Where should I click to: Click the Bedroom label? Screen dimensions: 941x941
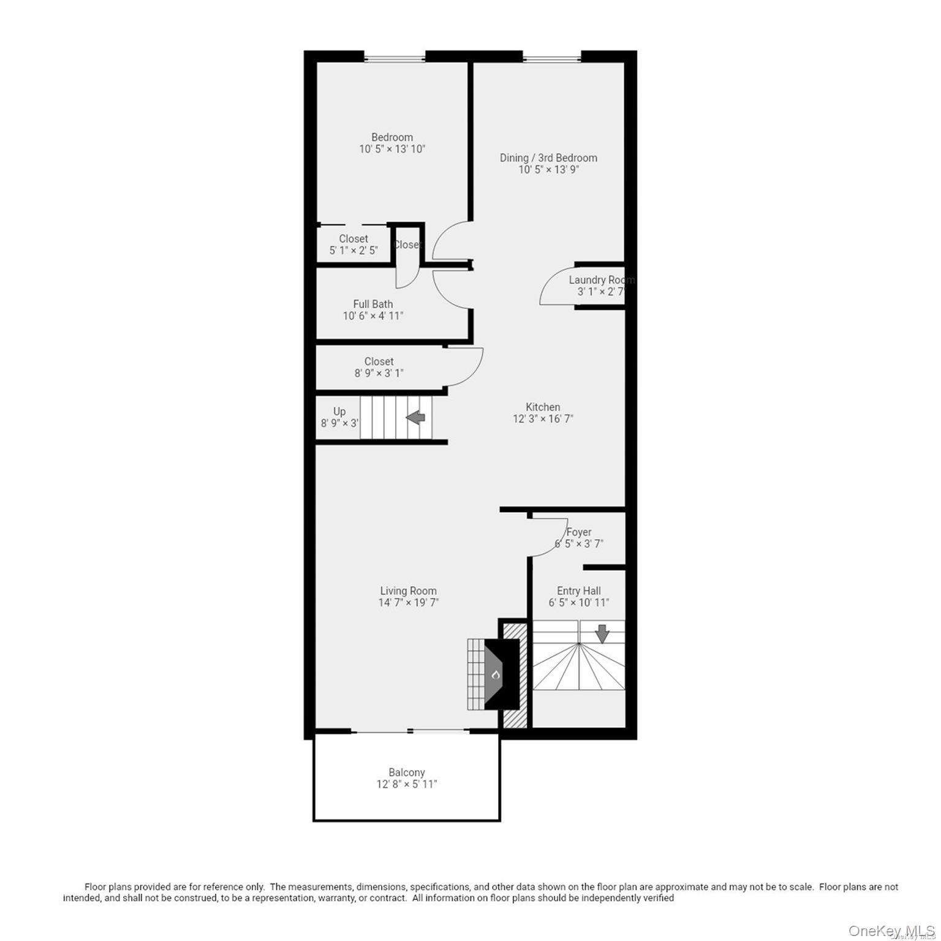click(x=391, y=137)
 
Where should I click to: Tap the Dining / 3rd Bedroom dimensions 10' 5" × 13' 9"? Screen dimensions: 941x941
click(x=548, y=170)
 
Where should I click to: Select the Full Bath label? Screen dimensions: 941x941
click(x=372, y=304)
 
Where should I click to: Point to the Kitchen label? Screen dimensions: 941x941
click(x=543, y=407)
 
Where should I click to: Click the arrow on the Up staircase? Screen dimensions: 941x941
click(x=416, y=418)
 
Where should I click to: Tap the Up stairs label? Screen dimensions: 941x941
click(x=339, y=412)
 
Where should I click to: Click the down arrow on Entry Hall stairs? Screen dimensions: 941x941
click(x=602, y=633)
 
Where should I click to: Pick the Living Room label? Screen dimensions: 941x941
click(x=408, y=591)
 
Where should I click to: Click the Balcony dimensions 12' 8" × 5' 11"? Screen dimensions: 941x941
click(x=407, y=784)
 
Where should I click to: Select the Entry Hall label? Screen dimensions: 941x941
click(x=578, y=591)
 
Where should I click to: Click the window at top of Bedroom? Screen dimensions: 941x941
click(x=395, y=58)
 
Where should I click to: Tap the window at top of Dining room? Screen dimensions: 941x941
click(x=551, y=59)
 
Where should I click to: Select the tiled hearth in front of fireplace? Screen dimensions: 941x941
click(x=475, y=674)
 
